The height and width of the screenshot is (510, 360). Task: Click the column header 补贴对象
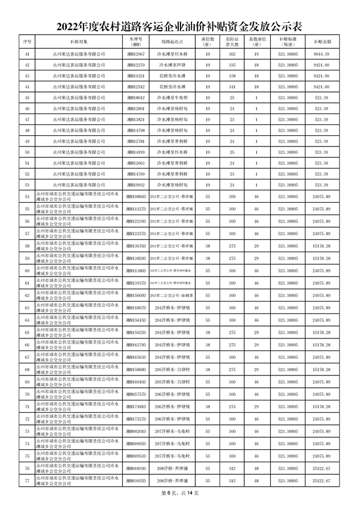tap(79, 42)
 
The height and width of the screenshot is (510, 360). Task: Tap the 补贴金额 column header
tap(322, 42)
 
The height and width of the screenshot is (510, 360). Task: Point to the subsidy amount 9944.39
tap(322, 53)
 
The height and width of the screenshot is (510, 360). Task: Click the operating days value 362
tap(232, 53)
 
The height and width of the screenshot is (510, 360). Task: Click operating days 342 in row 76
tap(232, 469)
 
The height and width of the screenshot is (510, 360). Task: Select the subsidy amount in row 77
tap(322, 480)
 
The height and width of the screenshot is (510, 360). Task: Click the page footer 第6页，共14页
tap(180, 492)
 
